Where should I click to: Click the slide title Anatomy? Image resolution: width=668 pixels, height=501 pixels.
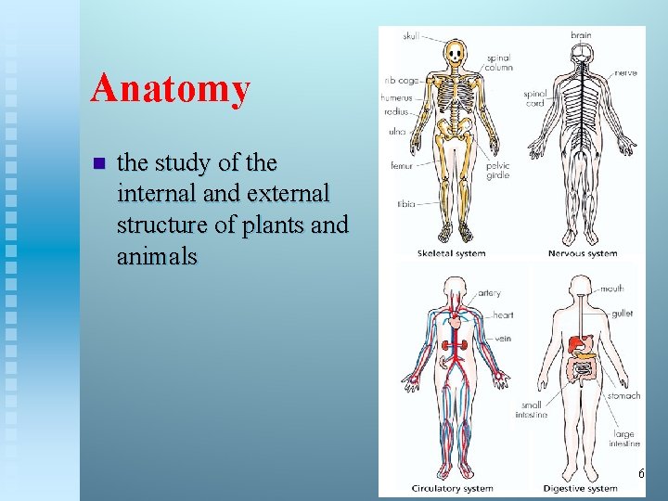171,89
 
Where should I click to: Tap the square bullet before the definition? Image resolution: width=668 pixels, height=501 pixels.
99,164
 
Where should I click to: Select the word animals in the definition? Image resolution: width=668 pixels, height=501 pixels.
157,255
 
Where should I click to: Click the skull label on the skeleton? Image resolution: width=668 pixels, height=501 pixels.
411,36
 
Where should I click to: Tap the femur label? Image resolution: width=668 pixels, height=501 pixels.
402,165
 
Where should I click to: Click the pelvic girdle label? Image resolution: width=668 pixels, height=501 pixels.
497,171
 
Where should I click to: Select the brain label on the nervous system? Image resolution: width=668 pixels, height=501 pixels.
581,35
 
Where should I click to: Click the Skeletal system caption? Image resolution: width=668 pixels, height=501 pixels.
451,253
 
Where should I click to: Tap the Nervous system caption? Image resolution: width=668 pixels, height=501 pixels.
583,253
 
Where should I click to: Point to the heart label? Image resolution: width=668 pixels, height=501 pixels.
503,315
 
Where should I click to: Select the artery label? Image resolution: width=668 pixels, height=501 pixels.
489,293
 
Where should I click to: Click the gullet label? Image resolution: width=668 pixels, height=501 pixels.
622,314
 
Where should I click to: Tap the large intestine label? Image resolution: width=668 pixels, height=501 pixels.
624,439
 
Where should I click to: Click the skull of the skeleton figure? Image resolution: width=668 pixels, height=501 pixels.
455,53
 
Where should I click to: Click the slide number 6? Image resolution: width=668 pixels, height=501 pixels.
640,474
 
